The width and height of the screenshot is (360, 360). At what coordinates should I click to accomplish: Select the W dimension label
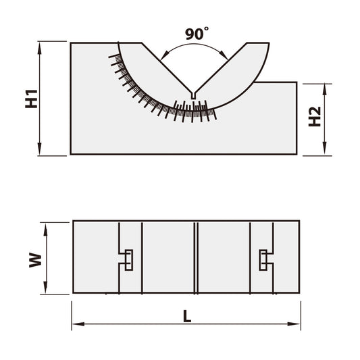click(34, 259)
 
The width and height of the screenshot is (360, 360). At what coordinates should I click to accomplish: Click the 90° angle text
click(198, 32)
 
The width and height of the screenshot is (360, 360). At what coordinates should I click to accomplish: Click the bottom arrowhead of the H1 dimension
click(41, 151)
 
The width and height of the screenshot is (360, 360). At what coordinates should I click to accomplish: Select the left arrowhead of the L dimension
click(76, 325)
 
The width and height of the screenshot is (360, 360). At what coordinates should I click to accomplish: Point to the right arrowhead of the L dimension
click(296, 325)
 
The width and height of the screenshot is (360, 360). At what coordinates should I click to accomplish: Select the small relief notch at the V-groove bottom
click(193, 96)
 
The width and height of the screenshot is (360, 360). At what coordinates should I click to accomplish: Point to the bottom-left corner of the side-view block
click(71, 154)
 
